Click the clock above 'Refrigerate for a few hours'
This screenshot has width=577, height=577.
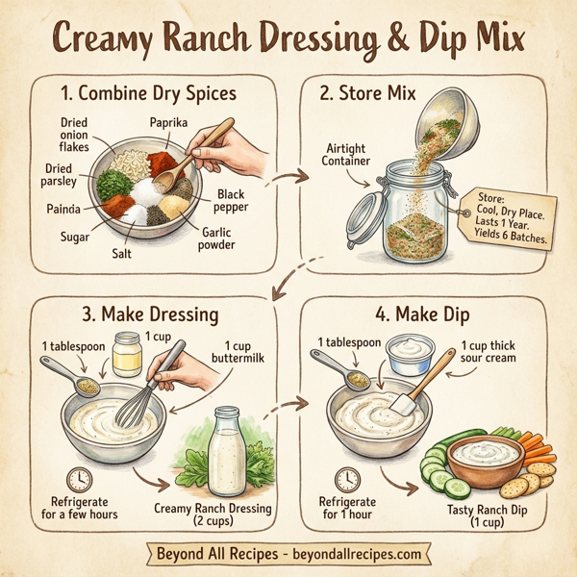click(x=80, y=479)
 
